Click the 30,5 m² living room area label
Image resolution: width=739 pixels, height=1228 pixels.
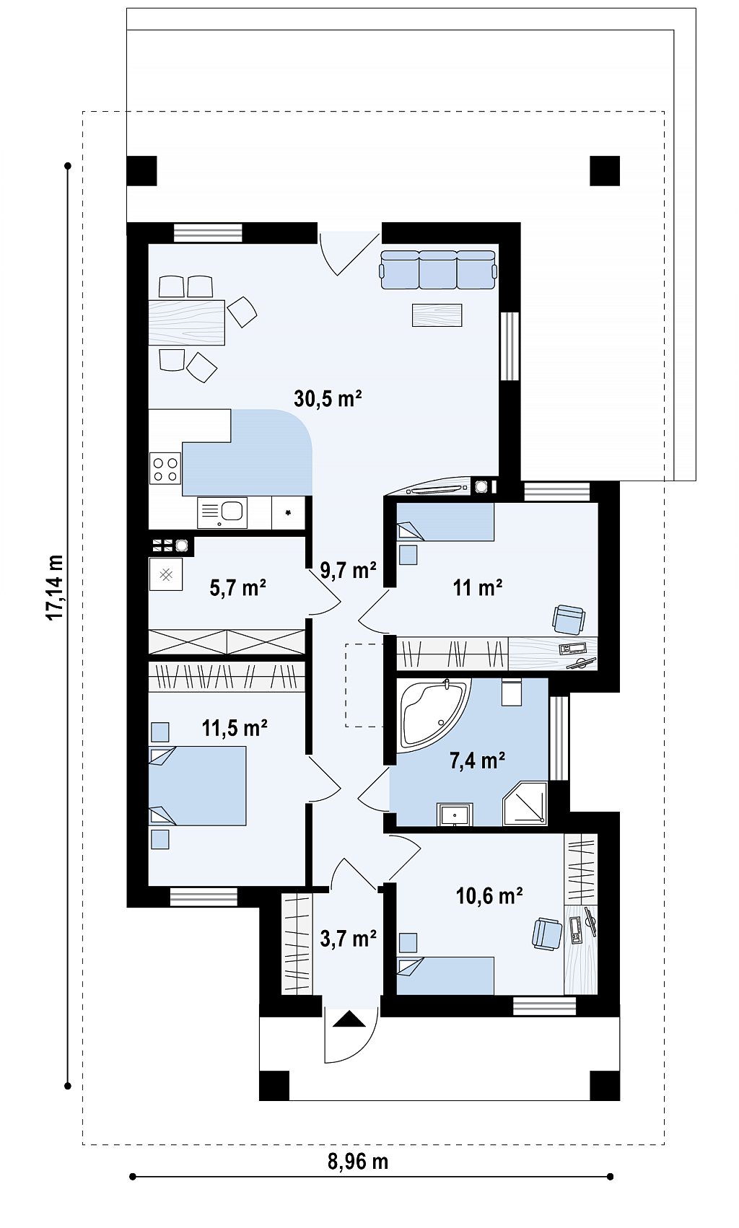click(328, 398)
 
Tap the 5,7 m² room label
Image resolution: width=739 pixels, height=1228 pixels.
click(238, 588)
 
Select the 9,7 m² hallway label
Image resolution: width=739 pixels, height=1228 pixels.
click(348, 570)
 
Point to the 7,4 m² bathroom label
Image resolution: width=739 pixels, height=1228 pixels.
click(477, 760)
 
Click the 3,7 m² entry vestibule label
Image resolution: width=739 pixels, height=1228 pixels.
click(348, 939)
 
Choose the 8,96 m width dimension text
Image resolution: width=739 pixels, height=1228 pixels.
click(358, 1162)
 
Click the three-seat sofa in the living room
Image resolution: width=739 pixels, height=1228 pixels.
click(438, 269)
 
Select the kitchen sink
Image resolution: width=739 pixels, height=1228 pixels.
click(222, 512)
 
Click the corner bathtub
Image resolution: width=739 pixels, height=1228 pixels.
click(433, 714)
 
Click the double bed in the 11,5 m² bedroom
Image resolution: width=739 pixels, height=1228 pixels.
click(197, 786)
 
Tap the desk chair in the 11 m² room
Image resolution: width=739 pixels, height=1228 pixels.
click(569, 620)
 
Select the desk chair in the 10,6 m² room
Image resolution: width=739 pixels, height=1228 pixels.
click(546, 934)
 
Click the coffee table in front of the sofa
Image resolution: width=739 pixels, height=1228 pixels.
click(437, 315)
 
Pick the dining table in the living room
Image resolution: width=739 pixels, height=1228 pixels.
click(186, 323)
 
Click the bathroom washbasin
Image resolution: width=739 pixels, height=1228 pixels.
click(455, 815)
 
